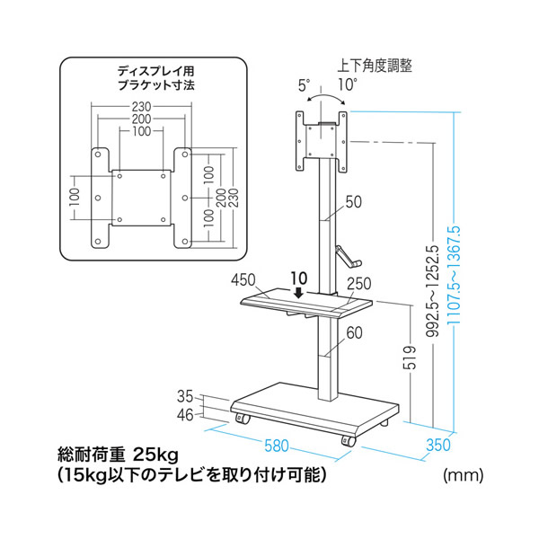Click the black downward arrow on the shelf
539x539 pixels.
297,292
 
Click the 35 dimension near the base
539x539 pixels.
185,395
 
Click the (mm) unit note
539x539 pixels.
463,473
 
